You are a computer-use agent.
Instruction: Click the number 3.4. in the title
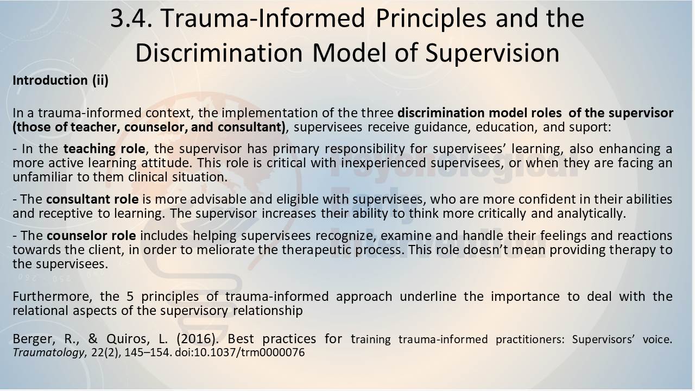[x=131, y=18]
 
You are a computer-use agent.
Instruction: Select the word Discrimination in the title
[x=219, y=53]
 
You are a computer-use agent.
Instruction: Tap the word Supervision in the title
[x=492, y=53]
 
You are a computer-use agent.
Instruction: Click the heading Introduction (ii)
[x=60, y=80]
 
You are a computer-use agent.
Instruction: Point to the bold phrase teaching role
[x=104, y=149]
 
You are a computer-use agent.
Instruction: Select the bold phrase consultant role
[x=92, y=199]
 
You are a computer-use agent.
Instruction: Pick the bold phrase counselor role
[x=91, y=236]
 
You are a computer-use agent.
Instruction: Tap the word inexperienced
[x=383, y=163]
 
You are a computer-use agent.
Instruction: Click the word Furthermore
[x=52, y=297]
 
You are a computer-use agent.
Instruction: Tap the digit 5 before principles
[x=130, y=297]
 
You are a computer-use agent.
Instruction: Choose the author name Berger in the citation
[x=34, y=339]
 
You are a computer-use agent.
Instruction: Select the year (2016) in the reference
[x=197, y=339]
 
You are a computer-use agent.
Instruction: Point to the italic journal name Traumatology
[x=48, y=353]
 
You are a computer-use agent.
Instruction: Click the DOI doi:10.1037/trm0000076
[x=240, y=352]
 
